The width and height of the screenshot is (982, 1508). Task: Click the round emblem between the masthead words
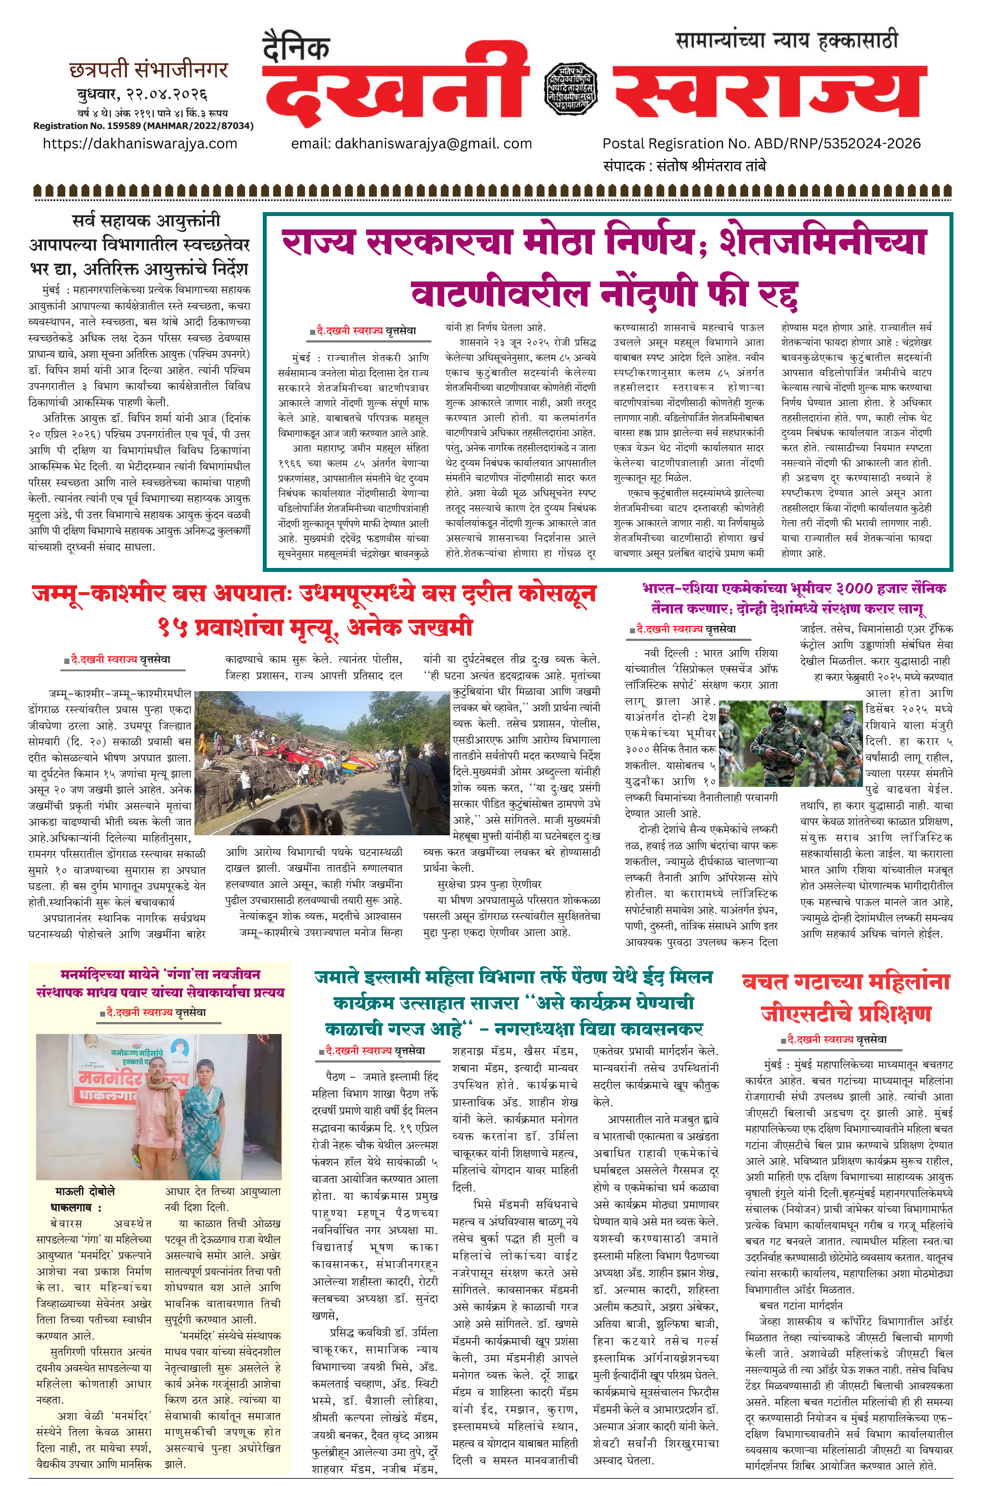click(x=570, y=89)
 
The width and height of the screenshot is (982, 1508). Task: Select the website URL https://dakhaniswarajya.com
click(x=140, y=144)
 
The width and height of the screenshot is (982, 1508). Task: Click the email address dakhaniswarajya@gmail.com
click(x=411, y=144)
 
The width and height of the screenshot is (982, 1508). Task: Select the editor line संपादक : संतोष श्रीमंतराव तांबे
click(x=684, y=166)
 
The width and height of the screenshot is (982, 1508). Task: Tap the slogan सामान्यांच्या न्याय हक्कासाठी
click(x=786, y=40)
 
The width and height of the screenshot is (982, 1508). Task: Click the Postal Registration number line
click(x=761, y=144)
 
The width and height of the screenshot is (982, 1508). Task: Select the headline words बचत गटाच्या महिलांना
click(x=846, y=982)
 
